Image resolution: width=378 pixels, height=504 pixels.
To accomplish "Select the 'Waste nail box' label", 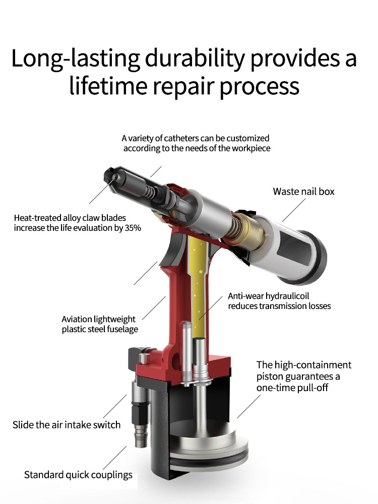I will (303, 192).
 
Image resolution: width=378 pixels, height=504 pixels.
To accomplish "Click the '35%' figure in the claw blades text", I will (132, 228).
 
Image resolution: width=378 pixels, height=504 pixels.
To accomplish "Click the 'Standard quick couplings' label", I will (78, 475).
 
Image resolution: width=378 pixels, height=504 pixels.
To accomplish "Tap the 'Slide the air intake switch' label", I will (67, 425).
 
